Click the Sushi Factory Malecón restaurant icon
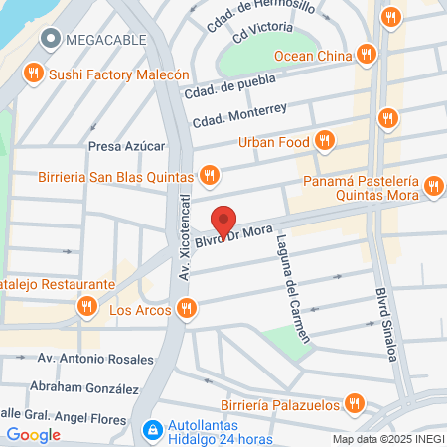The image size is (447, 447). click(34, 74)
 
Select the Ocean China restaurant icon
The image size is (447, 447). click(367, 54)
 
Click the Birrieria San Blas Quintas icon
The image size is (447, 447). click(209, 176)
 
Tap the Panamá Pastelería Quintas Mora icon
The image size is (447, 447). click(432, 186)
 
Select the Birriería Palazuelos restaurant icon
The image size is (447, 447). click(352, 403)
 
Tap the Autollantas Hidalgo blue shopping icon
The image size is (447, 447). click(152, 431)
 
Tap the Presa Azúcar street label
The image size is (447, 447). click(125, 145)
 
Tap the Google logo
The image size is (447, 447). click(34, 434)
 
